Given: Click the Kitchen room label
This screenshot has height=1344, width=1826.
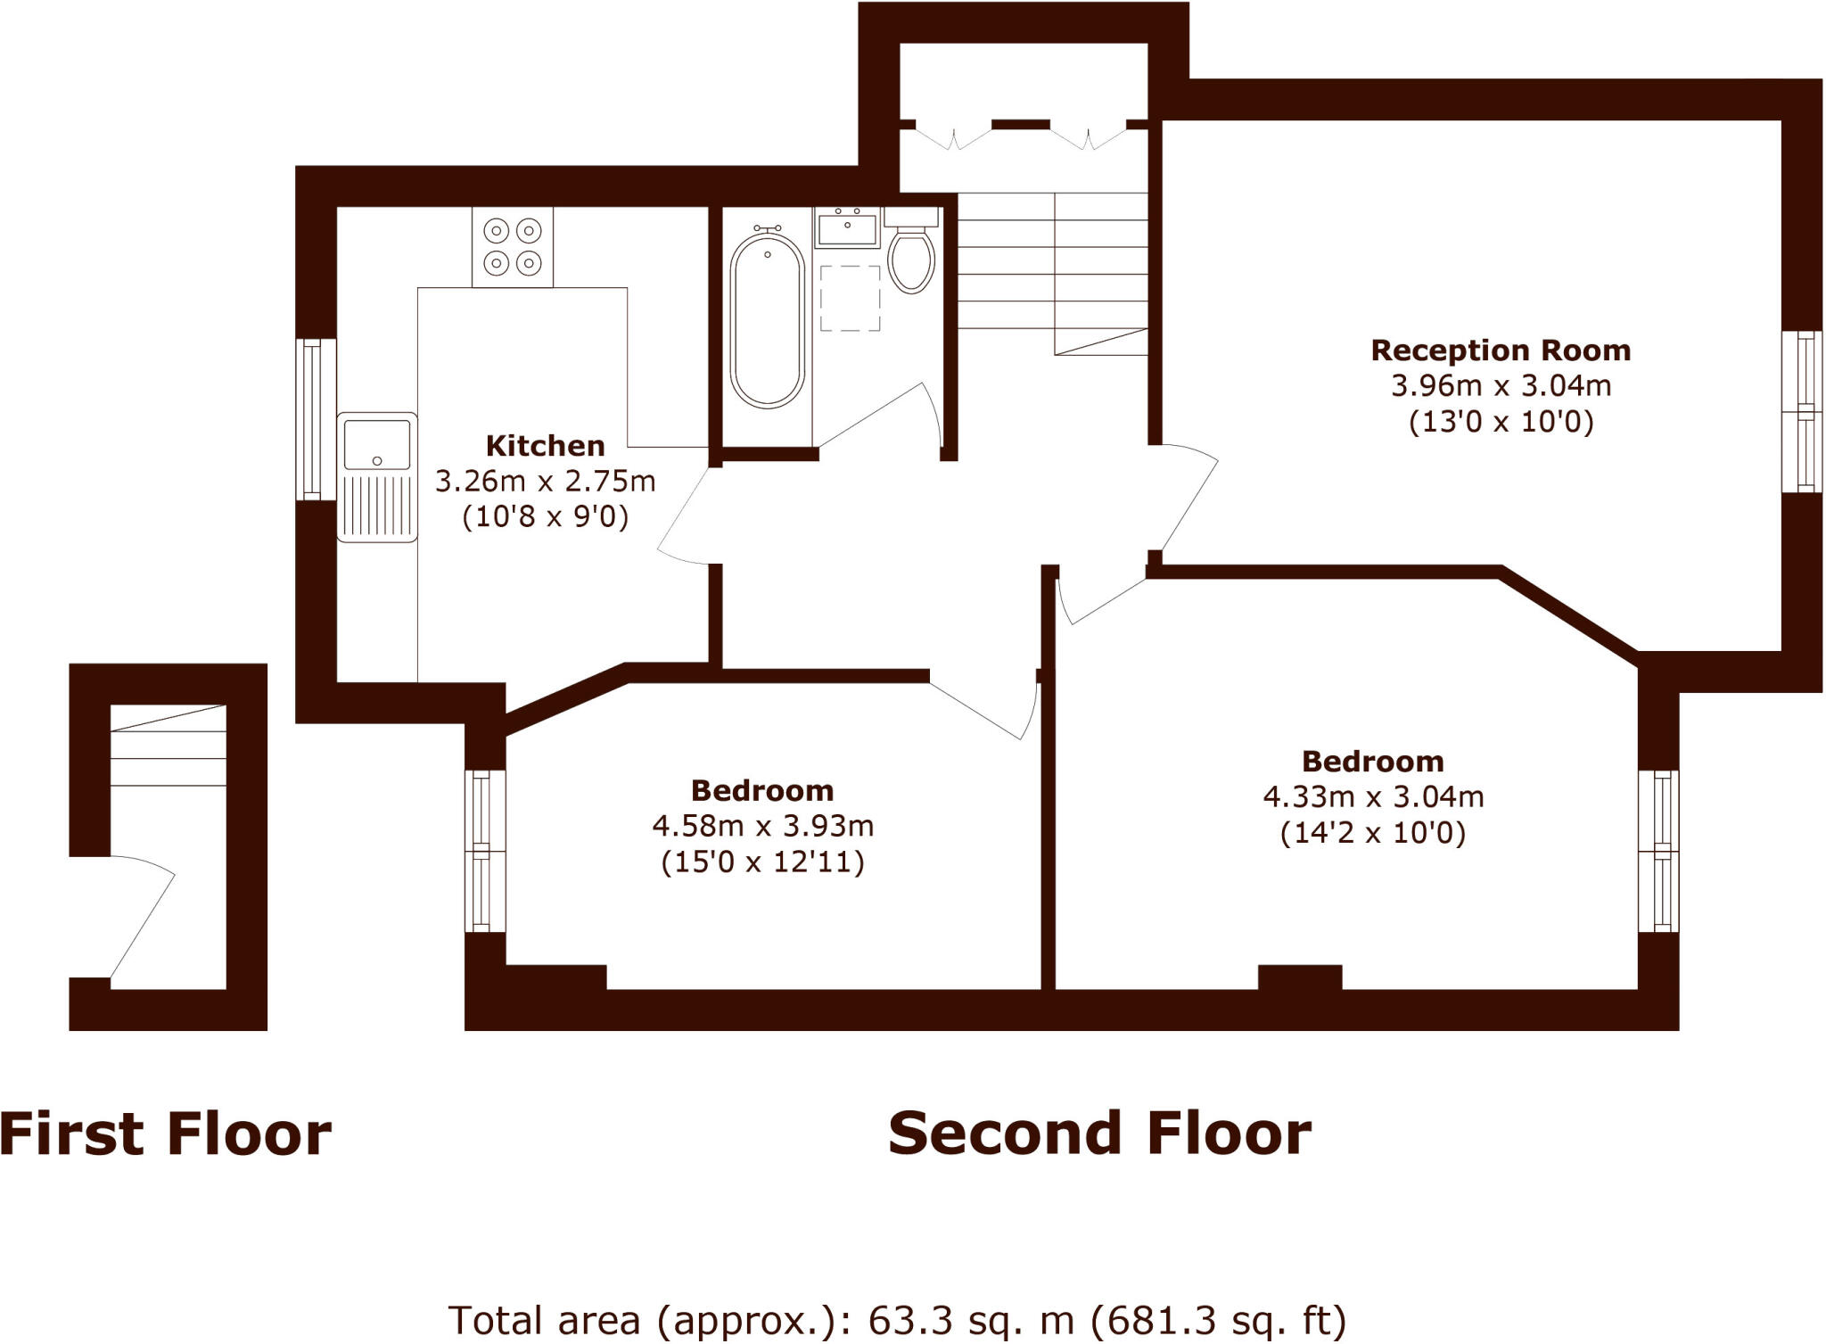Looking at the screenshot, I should pos(545,446).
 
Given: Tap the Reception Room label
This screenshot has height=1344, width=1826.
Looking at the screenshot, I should pos(1501,350).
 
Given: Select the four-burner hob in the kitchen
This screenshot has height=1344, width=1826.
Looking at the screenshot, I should pos(513,247).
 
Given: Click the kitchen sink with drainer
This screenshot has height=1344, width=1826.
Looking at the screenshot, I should pos(377,476).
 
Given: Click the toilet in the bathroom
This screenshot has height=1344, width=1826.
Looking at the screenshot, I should pos(911,259).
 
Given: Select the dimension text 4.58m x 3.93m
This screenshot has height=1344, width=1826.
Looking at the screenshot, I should pos(762,827).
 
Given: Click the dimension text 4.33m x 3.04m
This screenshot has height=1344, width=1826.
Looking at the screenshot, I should pos(1373,796).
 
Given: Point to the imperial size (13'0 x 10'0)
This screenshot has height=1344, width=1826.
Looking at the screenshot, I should pos(1501,421).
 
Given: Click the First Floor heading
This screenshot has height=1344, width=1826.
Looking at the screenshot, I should pos(166,1134).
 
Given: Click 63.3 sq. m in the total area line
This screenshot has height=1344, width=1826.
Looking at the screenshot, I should pos(972,1320).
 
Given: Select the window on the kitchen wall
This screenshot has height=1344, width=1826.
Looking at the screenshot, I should pos(314,419).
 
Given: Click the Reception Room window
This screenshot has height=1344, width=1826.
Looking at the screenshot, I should pos(1803,411).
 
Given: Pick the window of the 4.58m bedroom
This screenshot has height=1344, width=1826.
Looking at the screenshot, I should pos(484,852).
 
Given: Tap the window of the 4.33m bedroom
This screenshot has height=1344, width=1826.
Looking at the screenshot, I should pos(1659,852).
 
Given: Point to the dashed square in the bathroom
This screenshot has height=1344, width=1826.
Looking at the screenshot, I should pos(850,298).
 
